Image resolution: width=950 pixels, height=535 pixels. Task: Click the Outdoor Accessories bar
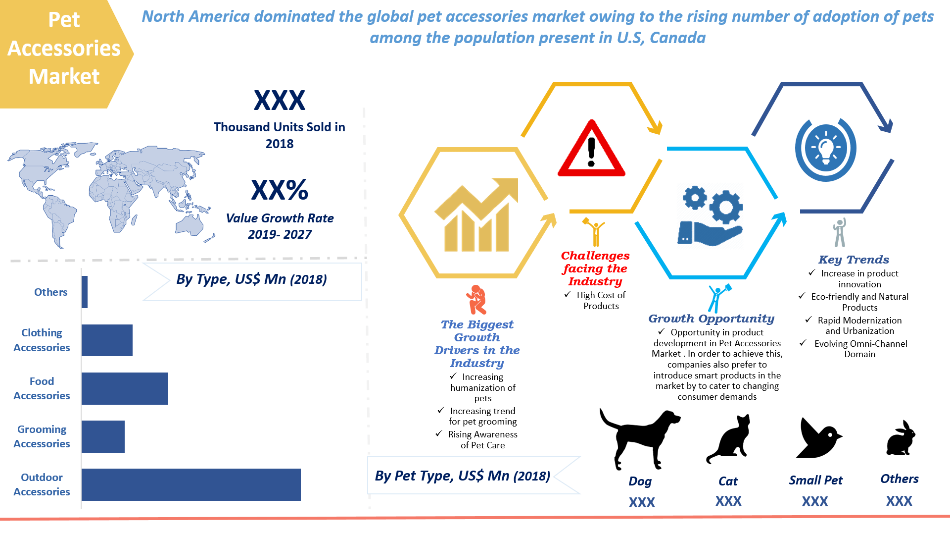pos(191,484)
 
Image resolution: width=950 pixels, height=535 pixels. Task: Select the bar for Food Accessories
pos(125,388)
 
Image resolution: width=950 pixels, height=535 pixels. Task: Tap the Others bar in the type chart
pos(85,292)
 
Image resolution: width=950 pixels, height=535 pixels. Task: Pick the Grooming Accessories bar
pos(103,436)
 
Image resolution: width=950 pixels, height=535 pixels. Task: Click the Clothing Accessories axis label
pos(42,340)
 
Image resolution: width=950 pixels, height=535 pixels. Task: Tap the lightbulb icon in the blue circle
pos(825,148)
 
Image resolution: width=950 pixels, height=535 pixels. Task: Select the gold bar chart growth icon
pos(476,215)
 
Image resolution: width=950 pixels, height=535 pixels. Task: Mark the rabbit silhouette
pos(901,438)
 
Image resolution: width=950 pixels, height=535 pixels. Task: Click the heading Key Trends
pos(854,260)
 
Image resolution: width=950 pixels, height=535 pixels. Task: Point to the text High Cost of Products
pos(601,300)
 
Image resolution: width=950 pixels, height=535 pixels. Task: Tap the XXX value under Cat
pos(728,501)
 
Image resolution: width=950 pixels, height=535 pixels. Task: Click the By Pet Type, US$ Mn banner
pos(463,476)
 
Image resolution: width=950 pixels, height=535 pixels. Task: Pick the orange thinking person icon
pos(476,300)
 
